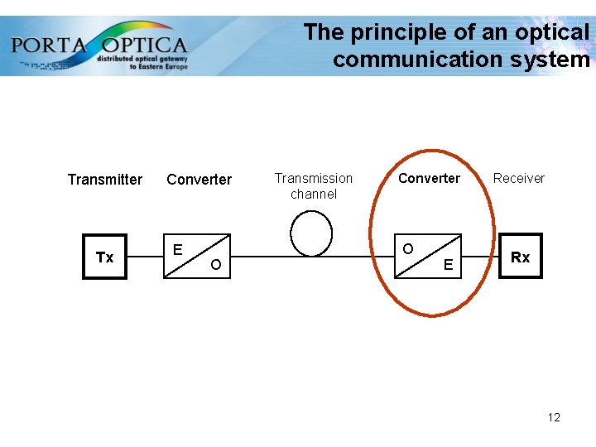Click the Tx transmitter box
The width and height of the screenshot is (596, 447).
point(105,257)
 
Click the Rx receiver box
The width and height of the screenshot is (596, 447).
point(520,257)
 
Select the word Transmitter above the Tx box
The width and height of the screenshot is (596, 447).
point(104,180)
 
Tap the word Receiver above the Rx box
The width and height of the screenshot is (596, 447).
point(519,178)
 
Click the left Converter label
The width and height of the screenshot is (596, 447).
point(199,180)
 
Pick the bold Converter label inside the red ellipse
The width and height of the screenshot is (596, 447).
point(429,178)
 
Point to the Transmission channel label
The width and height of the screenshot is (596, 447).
point(314,185)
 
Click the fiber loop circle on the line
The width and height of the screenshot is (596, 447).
point(312,233)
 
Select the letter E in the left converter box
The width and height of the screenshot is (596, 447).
point(177,249)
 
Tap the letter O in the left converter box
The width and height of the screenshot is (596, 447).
point(215,265)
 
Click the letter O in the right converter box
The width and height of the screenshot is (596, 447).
point(408,249)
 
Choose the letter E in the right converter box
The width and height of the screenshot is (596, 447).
point(448,266)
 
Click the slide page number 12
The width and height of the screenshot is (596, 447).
point(554,417)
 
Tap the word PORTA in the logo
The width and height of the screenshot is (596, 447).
point(50,44)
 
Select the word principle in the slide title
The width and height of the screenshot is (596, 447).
point(401,32)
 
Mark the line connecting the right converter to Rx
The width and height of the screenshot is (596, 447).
point(480,257)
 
